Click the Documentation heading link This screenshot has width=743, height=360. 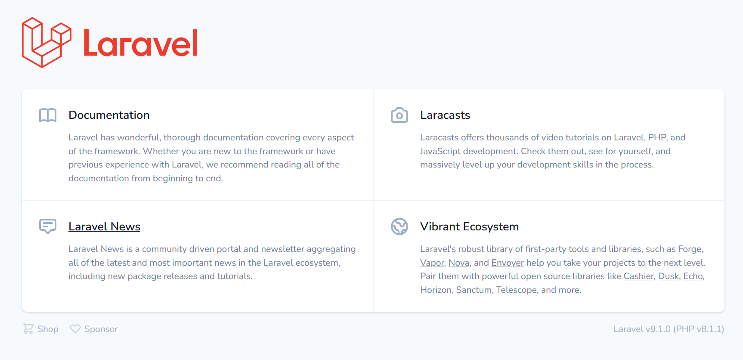click(109, 115)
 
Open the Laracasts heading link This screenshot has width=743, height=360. click(445, 115)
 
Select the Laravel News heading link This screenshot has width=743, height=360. click(104, 227)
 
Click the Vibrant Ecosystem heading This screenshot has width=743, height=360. click(469, 227)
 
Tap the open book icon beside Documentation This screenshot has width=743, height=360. click(48, 115)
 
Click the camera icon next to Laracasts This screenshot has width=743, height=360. click(399, 115)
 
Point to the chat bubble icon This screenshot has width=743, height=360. click(48, 226)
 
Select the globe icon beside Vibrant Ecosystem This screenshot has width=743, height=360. click(399, 227)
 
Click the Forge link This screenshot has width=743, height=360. click(690, 249)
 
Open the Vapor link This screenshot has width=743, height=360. click(432, 263)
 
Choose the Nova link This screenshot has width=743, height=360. click(459, 263)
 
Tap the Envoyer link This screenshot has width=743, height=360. click(508, 263)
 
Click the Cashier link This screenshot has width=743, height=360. click(639, 276)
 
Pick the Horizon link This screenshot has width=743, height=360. click(436, 290)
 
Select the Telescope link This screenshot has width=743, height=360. click(517, 290)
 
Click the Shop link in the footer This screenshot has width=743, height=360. click(48, 329)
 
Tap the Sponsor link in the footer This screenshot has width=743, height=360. click(101, 329)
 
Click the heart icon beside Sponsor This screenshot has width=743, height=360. click(75, 329)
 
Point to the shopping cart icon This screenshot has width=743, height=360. click(28, 329)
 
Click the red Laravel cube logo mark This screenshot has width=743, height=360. click(46, 43)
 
